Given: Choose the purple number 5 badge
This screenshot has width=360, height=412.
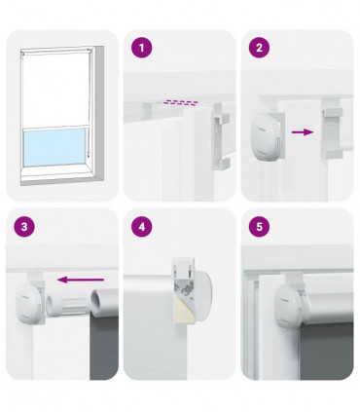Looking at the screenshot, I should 258,227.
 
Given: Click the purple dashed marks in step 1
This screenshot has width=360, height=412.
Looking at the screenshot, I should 178,99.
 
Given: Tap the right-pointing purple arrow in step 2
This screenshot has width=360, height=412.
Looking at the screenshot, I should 305,130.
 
